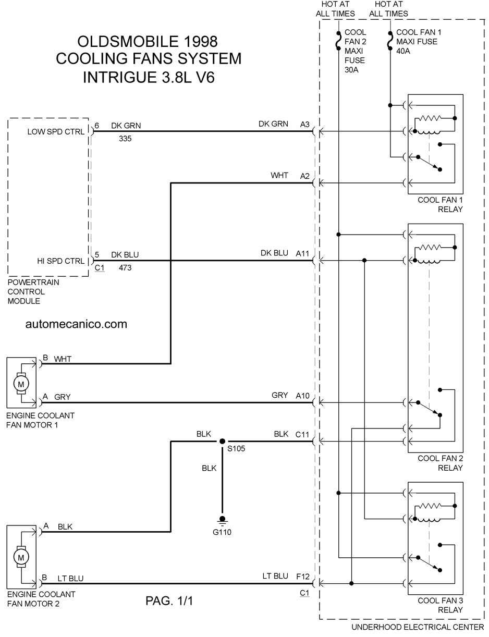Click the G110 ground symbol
(222, 520)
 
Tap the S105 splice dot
(222, 441)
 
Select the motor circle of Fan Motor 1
(21, 384)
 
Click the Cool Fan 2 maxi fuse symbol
(338, 41)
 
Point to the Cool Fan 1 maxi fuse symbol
(390, 41)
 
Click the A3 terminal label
(305, 125)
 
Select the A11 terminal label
(302, 253)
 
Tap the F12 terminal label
(303, 577)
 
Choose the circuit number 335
(125, 139)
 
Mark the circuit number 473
(125, 267)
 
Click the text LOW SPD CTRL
(56, 131)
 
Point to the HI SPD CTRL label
(60, 261)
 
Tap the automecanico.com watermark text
(76, 324)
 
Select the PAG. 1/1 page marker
(169, 601)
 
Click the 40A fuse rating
(403, 51)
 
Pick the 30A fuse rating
(351, 70)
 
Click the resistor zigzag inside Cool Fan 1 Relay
(430, 118)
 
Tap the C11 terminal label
(302, 434)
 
